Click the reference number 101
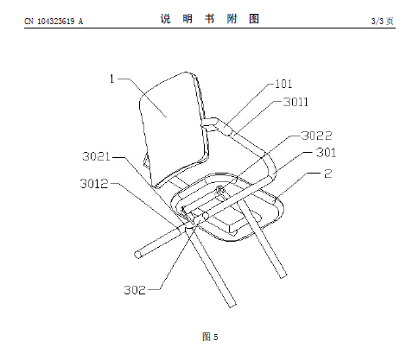pos(283,84)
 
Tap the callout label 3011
pos(295,102)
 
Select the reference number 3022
pos(316,136)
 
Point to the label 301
pos(326,153)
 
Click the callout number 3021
pos(96,156)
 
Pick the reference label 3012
pos(94,184)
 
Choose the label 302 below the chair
pos(135,290)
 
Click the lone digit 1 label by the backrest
pos(112,79)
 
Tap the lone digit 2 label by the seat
pos(328,174)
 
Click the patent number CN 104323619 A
pos(54,22)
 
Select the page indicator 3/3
pos(378,21)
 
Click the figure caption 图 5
pos(210,337)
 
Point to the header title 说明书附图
pos(210,19)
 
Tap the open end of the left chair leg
pos(138,255)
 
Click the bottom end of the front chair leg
pos(232,305)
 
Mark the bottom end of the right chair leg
pos(283,275)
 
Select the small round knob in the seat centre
pos(220,190)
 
